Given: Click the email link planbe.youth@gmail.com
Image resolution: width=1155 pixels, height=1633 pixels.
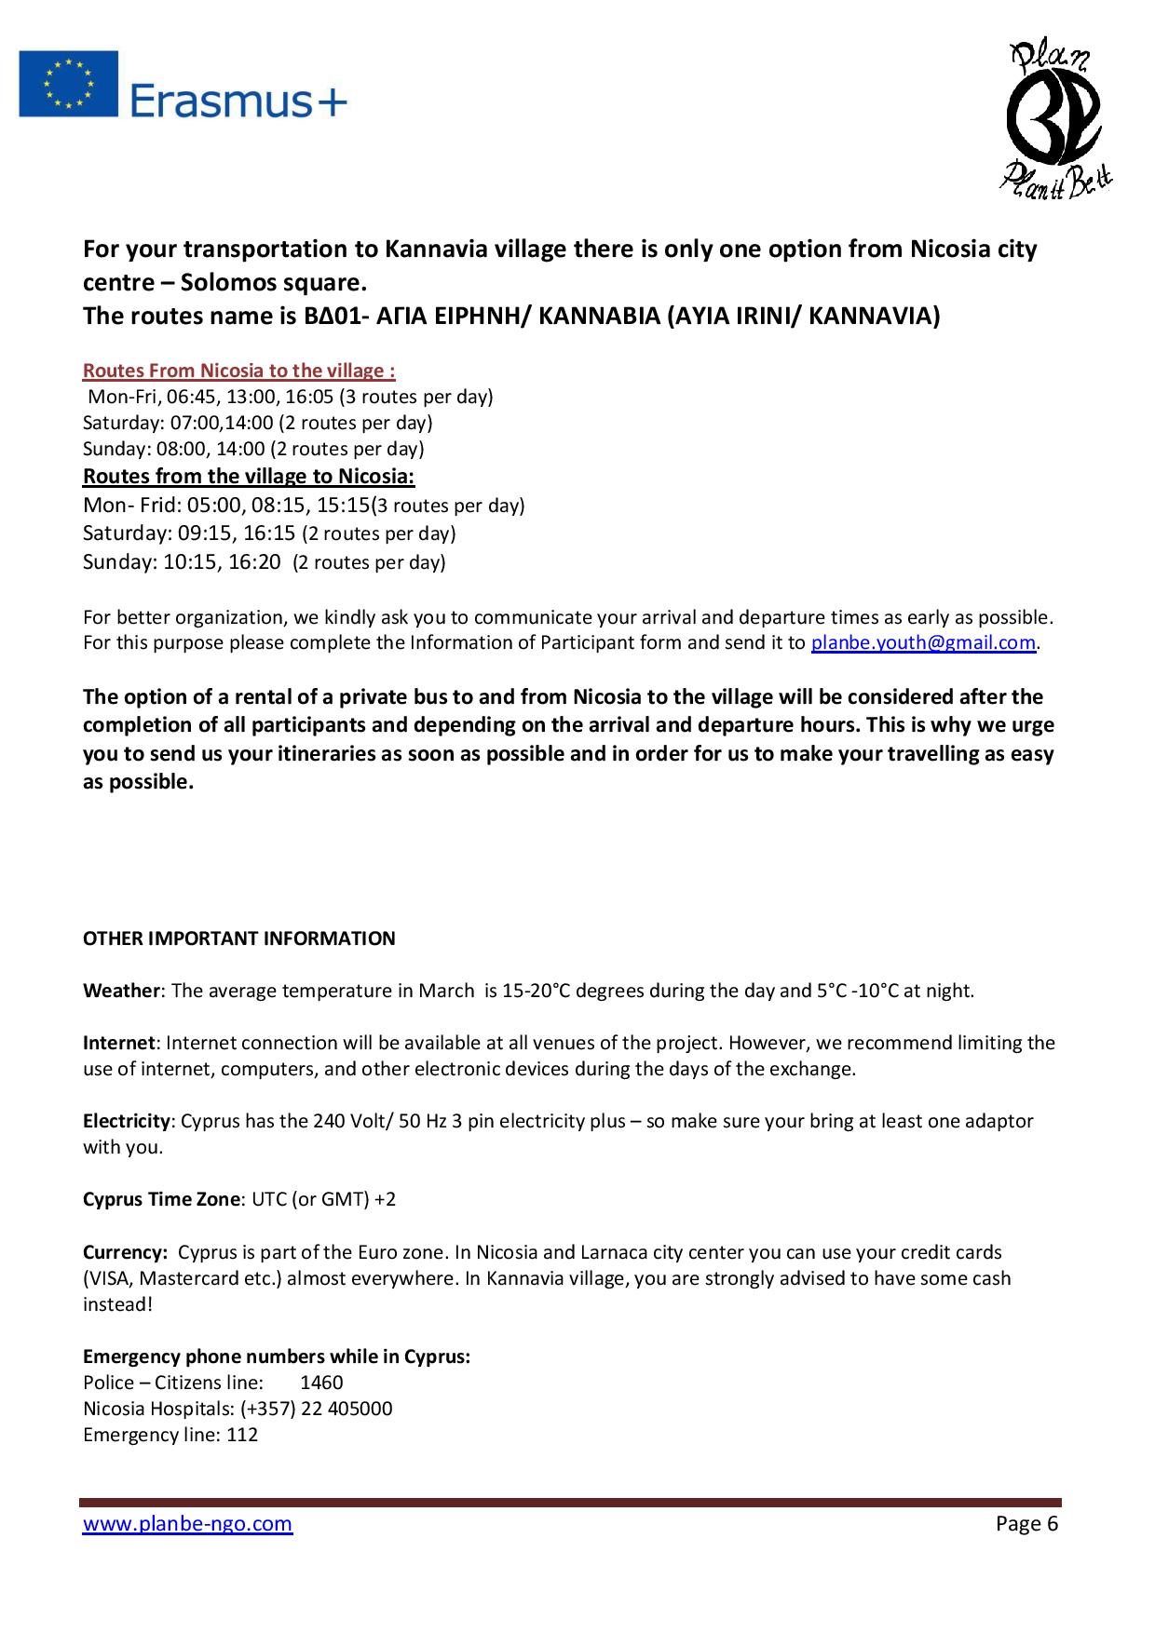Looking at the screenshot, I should [923, 642].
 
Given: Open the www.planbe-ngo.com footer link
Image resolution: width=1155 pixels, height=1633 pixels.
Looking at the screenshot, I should [187, 1523].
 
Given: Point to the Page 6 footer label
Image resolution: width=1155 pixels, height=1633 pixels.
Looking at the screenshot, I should [1026, 1523].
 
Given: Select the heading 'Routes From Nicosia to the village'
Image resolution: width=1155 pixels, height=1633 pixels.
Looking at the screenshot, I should [239, 371].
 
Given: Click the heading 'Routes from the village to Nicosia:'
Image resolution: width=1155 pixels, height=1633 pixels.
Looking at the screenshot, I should [249, 477].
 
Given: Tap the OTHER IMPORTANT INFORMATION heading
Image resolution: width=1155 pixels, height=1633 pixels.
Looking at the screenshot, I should [239, 938].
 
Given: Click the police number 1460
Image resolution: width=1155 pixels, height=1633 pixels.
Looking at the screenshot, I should [321, 1383].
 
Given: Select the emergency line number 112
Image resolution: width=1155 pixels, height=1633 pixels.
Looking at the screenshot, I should [242, 1435].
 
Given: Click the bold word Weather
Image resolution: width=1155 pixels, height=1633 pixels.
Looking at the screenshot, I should [121, 991].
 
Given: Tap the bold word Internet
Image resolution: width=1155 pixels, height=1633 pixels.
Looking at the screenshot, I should [120, 1043].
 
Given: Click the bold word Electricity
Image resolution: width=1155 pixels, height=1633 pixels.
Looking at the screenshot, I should [127, 1121].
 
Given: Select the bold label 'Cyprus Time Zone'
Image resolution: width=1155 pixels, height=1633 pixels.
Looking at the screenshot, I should [161, 1199].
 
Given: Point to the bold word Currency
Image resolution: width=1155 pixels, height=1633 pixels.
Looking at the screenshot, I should [125, 1252].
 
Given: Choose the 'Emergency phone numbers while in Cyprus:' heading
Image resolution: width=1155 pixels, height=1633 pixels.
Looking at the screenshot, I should [277, 1356].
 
